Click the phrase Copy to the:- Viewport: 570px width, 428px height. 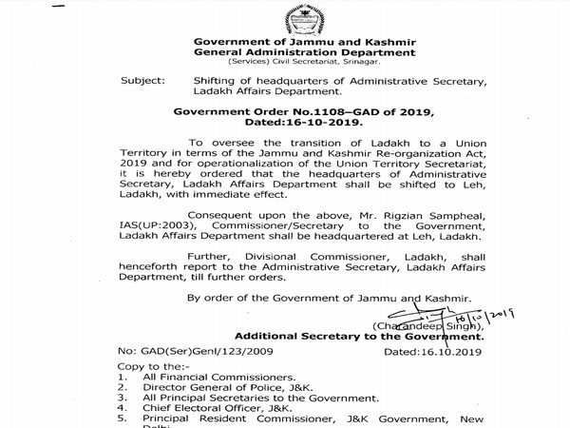[x=146, y=367]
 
